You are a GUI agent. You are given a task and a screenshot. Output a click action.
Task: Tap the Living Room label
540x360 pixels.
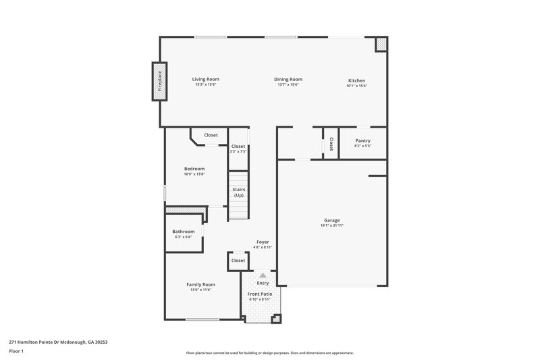(x=206, y=80)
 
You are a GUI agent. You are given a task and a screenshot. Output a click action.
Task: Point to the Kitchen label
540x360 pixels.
(x=356, y=80)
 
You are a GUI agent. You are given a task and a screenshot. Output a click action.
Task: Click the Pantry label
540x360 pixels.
(x=362, y=140)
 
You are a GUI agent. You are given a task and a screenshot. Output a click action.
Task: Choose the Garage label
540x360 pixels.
(x=332, y=220)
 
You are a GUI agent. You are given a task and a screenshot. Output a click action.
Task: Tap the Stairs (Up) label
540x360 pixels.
(x=238, y=192)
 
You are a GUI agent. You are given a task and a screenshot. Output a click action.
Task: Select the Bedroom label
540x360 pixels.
(x=194, y=169)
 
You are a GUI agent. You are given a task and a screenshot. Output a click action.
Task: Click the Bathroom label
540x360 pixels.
(x=183, y=232)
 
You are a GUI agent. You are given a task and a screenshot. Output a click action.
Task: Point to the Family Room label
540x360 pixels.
(x=200, y=284)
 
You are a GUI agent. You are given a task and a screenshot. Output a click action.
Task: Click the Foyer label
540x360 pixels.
(x=263, y=242)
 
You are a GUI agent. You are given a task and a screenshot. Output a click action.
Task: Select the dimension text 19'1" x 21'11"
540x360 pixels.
(x=332, y=226)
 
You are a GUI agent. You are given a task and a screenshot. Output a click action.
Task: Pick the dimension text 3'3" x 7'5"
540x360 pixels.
(x=238, y=152)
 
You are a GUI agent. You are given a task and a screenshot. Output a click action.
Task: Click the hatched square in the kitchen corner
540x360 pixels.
(x=381, y=44)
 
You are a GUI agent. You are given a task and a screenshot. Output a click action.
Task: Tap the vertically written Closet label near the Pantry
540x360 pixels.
(x=331, y=144)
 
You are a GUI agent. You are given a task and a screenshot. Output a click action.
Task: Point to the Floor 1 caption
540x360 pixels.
(x=17, y=352)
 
